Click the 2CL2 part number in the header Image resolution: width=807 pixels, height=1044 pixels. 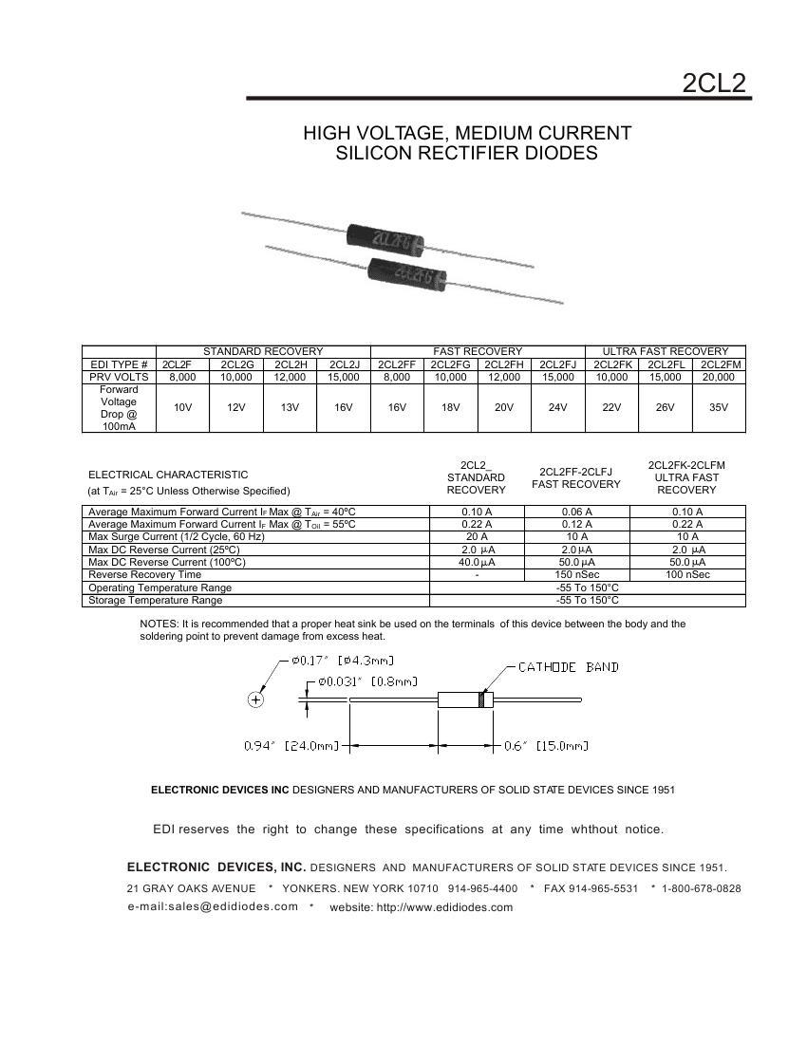[714, 83]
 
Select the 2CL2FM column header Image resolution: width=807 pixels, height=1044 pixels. [719, 364]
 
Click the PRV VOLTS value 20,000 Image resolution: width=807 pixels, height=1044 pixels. [719, 377]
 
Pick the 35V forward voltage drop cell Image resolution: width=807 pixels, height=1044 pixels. [719, 407]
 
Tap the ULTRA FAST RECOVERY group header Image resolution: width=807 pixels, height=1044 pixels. [666, 351]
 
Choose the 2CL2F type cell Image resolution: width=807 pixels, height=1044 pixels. [177, 364]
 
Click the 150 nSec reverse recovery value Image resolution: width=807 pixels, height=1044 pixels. [575, 574]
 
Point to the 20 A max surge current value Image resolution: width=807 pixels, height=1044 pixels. [477, 536]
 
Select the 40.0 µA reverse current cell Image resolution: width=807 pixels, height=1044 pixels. [477, 562]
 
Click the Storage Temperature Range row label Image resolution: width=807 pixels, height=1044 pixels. [155, 600]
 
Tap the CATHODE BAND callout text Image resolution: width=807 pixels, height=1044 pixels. [568, 667]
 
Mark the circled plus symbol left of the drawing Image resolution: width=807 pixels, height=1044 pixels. [255, 699]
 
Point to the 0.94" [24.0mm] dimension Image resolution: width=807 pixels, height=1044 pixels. [291, 746]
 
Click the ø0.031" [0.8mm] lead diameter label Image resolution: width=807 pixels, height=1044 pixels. [368, 681]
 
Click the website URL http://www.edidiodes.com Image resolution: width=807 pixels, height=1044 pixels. [444, 907]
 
